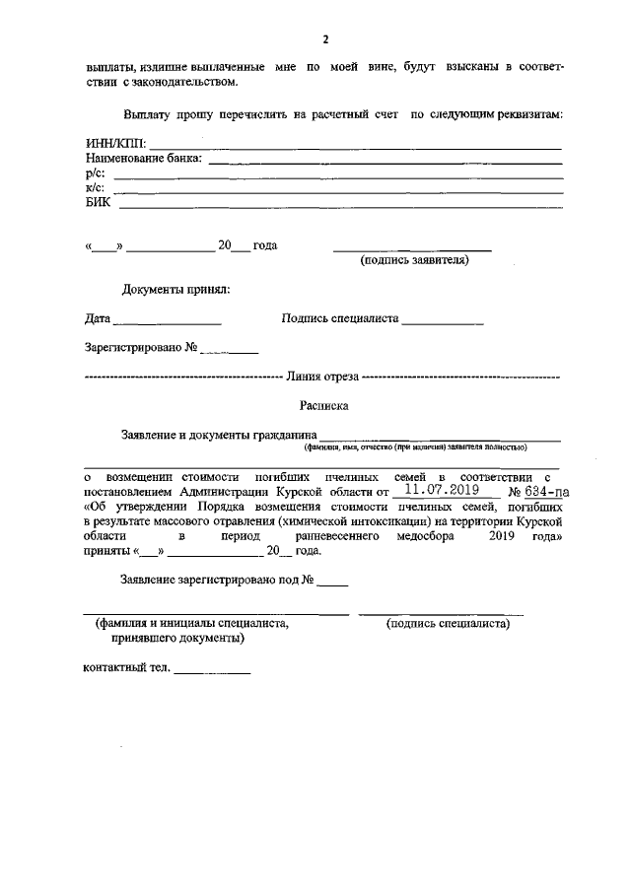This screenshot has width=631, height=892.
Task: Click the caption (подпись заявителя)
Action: point(414,261)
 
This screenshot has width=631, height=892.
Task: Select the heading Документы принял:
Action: point(176,290)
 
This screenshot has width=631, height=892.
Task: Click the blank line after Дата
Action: point(167,324)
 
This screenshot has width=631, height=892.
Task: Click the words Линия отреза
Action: point(321,377)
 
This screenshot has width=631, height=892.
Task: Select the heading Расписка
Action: point(323,405)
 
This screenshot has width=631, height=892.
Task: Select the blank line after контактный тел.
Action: point(213,672)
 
